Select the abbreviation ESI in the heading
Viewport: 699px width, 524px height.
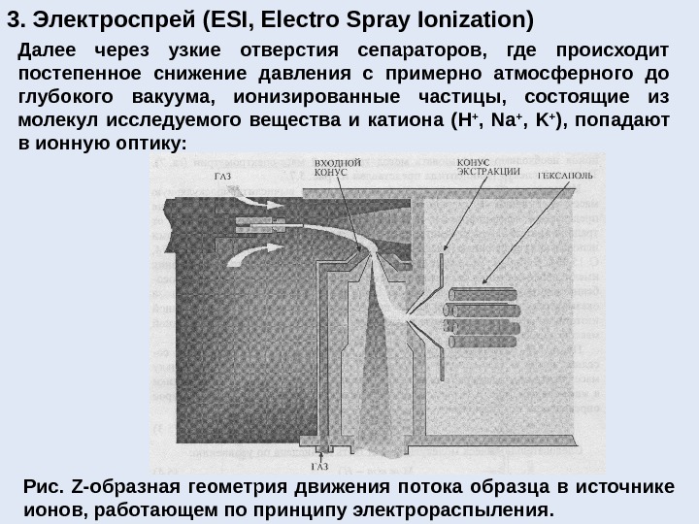click(221, 18)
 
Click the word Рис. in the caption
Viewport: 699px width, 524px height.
click(41, 487)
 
